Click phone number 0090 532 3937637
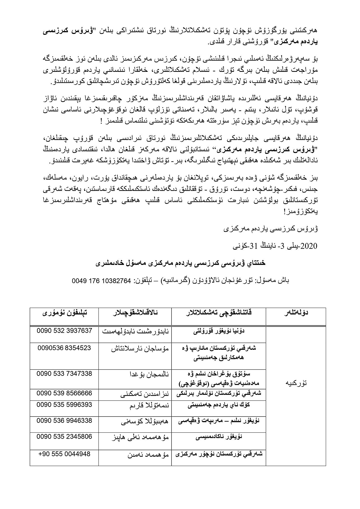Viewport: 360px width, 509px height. point(64,331)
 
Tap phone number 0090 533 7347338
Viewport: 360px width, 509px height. point(64,374)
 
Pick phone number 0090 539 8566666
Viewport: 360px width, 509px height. point(64,393)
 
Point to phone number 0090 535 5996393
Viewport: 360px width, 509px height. point(64,405)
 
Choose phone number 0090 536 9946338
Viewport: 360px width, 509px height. point(64,421)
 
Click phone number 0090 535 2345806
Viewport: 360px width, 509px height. point(64,437)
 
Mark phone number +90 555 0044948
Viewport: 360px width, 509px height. point(64,454)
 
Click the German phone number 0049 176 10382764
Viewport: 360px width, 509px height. point(102,281)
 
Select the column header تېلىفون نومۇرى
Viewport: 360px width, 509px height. point(64,313)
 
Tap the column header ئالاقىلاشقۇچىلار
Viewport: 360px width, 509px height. point(135,313)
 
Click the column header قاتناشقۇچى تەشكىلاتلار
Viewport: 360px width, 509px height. point(218,313)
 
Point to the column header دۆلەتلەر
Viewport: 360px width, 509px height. point(296,313)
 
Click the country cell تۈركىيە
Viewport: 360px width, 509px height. point(296,383)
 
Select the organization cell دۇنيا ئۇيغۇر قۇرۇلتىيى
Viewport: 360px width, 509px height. point(218,331)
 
